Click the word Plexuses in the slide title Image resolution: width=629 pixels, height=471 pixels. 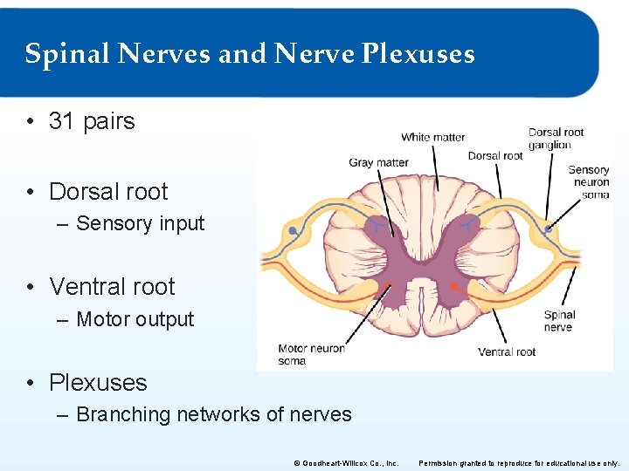(418, 55)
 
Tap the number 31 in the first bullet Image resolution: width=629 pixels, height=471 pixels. (61, 120)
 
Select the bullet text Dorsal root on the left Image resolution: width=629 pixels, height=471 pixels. (108, 191)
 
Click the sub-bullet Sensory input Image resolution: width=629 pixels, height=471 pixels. (140, 223)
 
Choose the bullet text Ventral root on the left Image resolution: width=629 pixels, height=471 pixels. (112, 286)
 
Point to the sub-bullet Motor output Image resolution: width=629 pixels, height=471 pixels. (135, 319)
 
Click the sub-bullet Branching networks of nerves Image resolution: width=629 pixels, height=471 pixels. (213, 414)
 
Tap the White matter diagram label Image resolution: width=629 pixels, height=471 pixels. (432, 137)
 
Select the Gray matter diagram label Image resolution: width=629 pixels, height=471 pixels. (378, 162)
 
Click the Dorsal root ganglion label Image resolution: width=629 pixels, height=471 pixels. (556, 139)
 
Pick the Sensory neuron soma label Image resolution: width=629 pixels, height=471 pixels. (588, 182)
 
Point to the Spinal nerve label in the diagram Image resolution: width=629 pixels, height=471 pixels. (559, 321)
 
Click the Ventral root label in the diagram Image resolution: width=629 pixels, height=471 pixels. (507, 352)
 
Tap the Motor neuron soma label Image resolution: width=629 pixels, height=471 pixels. (311, 354)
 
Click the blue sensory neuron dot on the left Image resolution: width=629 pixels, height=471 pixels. (293, 231)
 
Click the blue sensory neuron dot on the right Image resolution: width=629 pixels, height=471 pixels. (549, 229)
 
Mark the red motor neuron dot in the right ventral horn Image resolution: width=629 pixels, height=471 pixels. (453, 286)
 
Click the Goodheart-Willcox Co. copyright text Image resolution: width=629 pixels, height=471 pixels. (348, 462)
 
